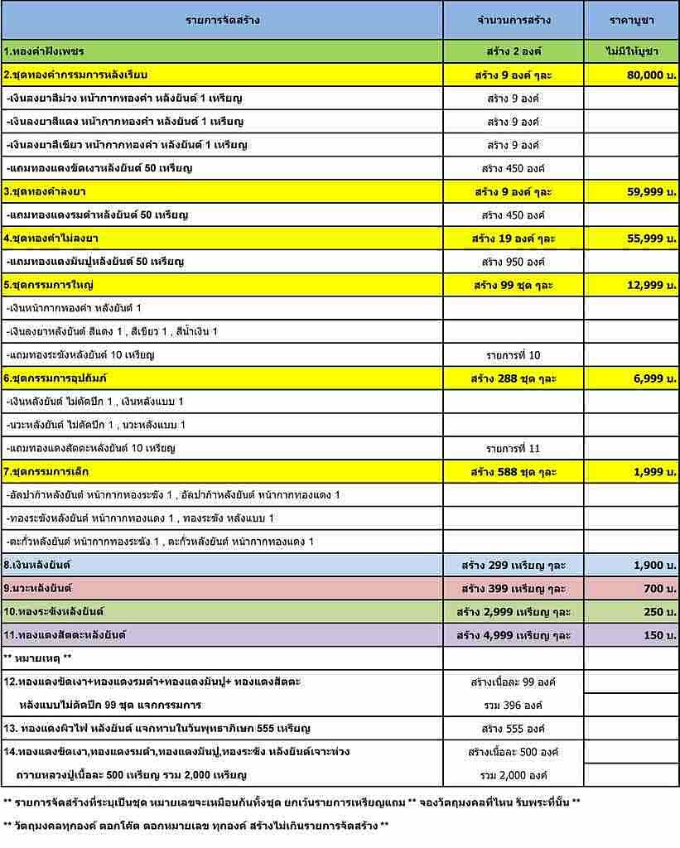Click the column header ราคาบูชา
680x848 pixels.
tap(631, 20)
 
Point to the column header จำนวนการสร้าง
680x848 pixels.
tap(514, 20)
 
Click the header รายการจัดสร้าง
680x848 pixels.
tap(222, 20)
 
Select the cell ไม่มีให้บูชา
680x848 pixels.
tap(631, 51)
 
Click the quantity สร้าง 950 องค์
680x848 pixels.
tap(514, 262)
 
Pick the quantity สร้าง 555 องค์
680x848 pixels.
tap(514, 729)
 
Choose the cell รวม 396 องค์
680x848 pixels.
tap(514, 706)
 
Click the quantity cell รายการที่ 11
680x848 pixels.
tap(514, 448)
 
